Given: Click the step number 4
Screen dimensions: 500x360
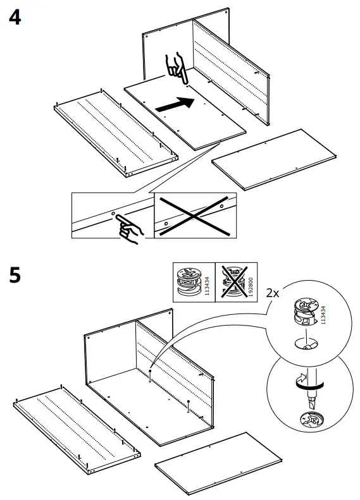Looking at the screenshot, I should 13,17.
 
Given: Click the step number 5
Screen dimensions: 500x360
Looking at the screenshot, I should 13,276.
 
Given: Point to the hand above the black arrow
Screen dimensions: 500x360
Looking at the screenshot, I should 176,68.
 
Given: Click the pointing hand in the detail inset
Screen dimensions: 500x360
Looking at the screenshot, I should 130,228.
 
